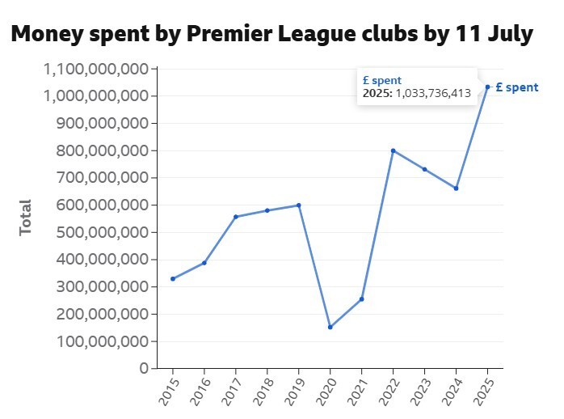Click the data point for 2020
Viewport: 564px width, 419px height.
[x=330, y=327]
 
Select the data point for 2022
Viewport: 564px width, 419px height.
[x=393, y=150]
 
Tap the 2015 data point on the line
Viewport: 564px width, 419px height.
[x=172, y=278]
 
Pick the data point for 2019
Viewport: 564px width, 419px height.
[x=298, y=205]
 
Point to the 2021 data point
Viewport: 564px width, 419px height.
[x=361, y=298]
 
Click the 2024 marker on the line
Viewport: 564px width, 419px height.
[x=456, y=188]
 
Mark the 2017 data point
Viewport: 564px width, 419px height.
[x=235, y=217]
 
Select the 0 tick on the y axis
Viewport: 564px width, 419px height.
[x=143, y=368]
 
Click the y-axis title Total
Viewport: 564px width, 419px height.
[x=26, y=217]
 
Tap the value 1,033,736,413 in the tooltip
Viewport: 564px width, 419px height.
[x=433, y=93]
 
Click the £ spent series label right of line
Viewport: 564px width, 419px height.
[x=516, y=87]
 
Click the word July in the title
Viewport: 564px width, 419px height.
[x=506, y=35]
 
